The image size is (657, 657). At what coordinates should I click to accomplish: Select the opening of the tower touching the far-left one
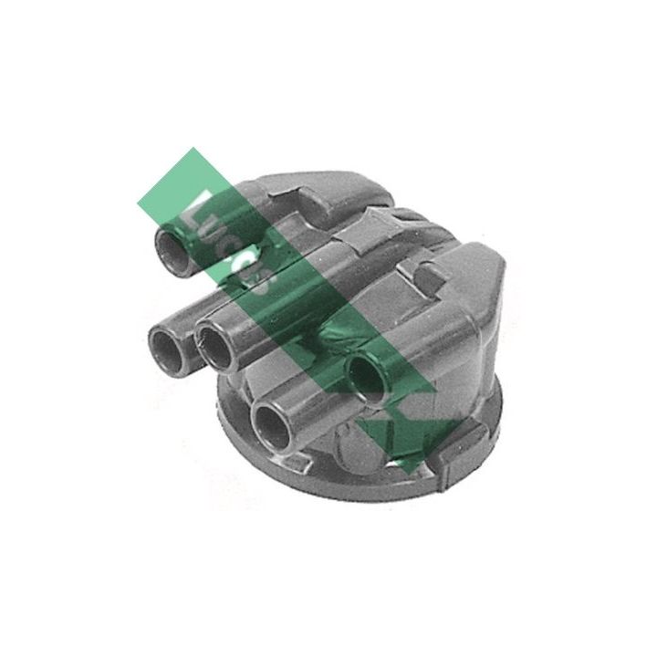click(215, 348)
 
